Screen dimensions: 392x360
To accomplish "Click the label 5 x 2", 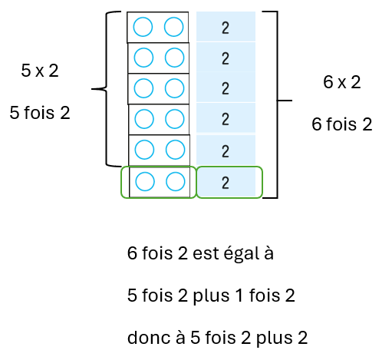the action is pos(40,71).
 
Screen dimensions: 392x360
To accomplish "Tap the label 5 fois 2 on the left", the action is pos(40,113).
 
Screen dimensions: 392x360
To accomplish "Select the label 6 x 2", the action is pos(342,82).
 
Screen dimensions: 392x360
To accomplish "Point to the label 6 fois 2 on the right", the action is pos(342,124).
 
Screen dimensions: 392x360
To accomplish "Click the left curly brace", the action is pos(106,89).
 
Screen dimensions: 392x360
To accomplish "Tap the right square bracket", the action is pos(277,104).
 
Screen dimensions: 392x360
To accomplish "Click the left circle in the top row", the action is pos(143,27).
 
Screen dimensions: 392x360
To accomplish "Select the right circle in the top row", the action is pos(173,27).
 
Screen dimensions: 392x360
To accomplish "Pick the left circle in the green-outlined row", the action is pos(145,181).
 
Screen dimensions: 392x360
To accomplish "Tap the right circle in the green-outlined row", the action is pos(176,181).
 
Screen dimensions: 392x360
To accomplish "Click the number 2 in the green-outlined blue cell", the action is pos(226,183).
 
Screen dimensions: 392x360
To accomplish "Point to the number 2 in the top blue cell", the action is pos(226,28).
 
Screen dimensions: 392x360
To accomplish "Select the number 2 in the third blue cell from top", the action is pos(226,88).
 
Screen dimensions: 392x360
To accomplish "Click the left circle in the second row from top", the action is pos(143,58).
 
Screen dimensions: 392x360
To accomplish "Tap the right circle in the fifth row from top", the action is pos(175,150).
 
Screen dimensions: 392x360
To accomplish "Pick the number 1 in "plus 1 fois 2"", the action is pos(239,296).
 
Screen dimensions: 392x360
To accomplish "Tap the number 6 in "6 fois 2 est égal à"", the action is pos(132,253).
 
